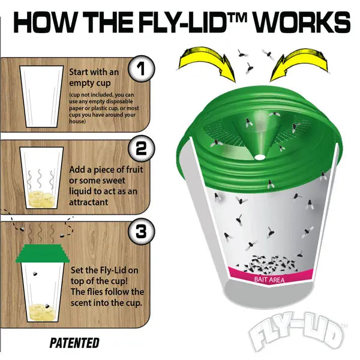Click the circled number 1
coord(141,68)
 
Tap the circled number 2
coord(141,148)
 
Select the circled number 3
coord(141,231)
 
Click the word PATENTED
coord(74,343)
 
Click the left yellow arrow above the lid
coord(206,63)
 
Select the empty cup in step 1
coord(41,96)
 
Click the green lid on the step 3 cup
coord(43,253)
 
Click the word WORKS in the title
coord(302,22)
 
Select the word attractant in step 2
coord(88,202)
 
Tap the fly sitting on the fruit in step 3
coord(47,306)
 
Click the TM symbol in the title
coord(239,17)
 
